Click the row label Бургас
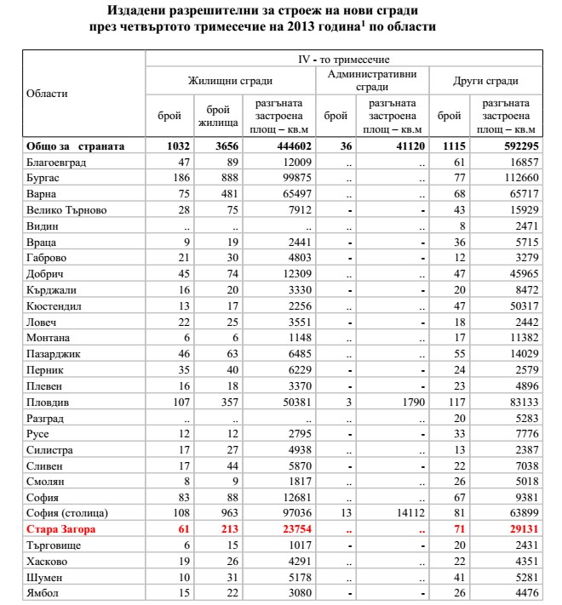tap(44, 178)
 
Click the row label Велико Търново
tap(67, 210)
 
